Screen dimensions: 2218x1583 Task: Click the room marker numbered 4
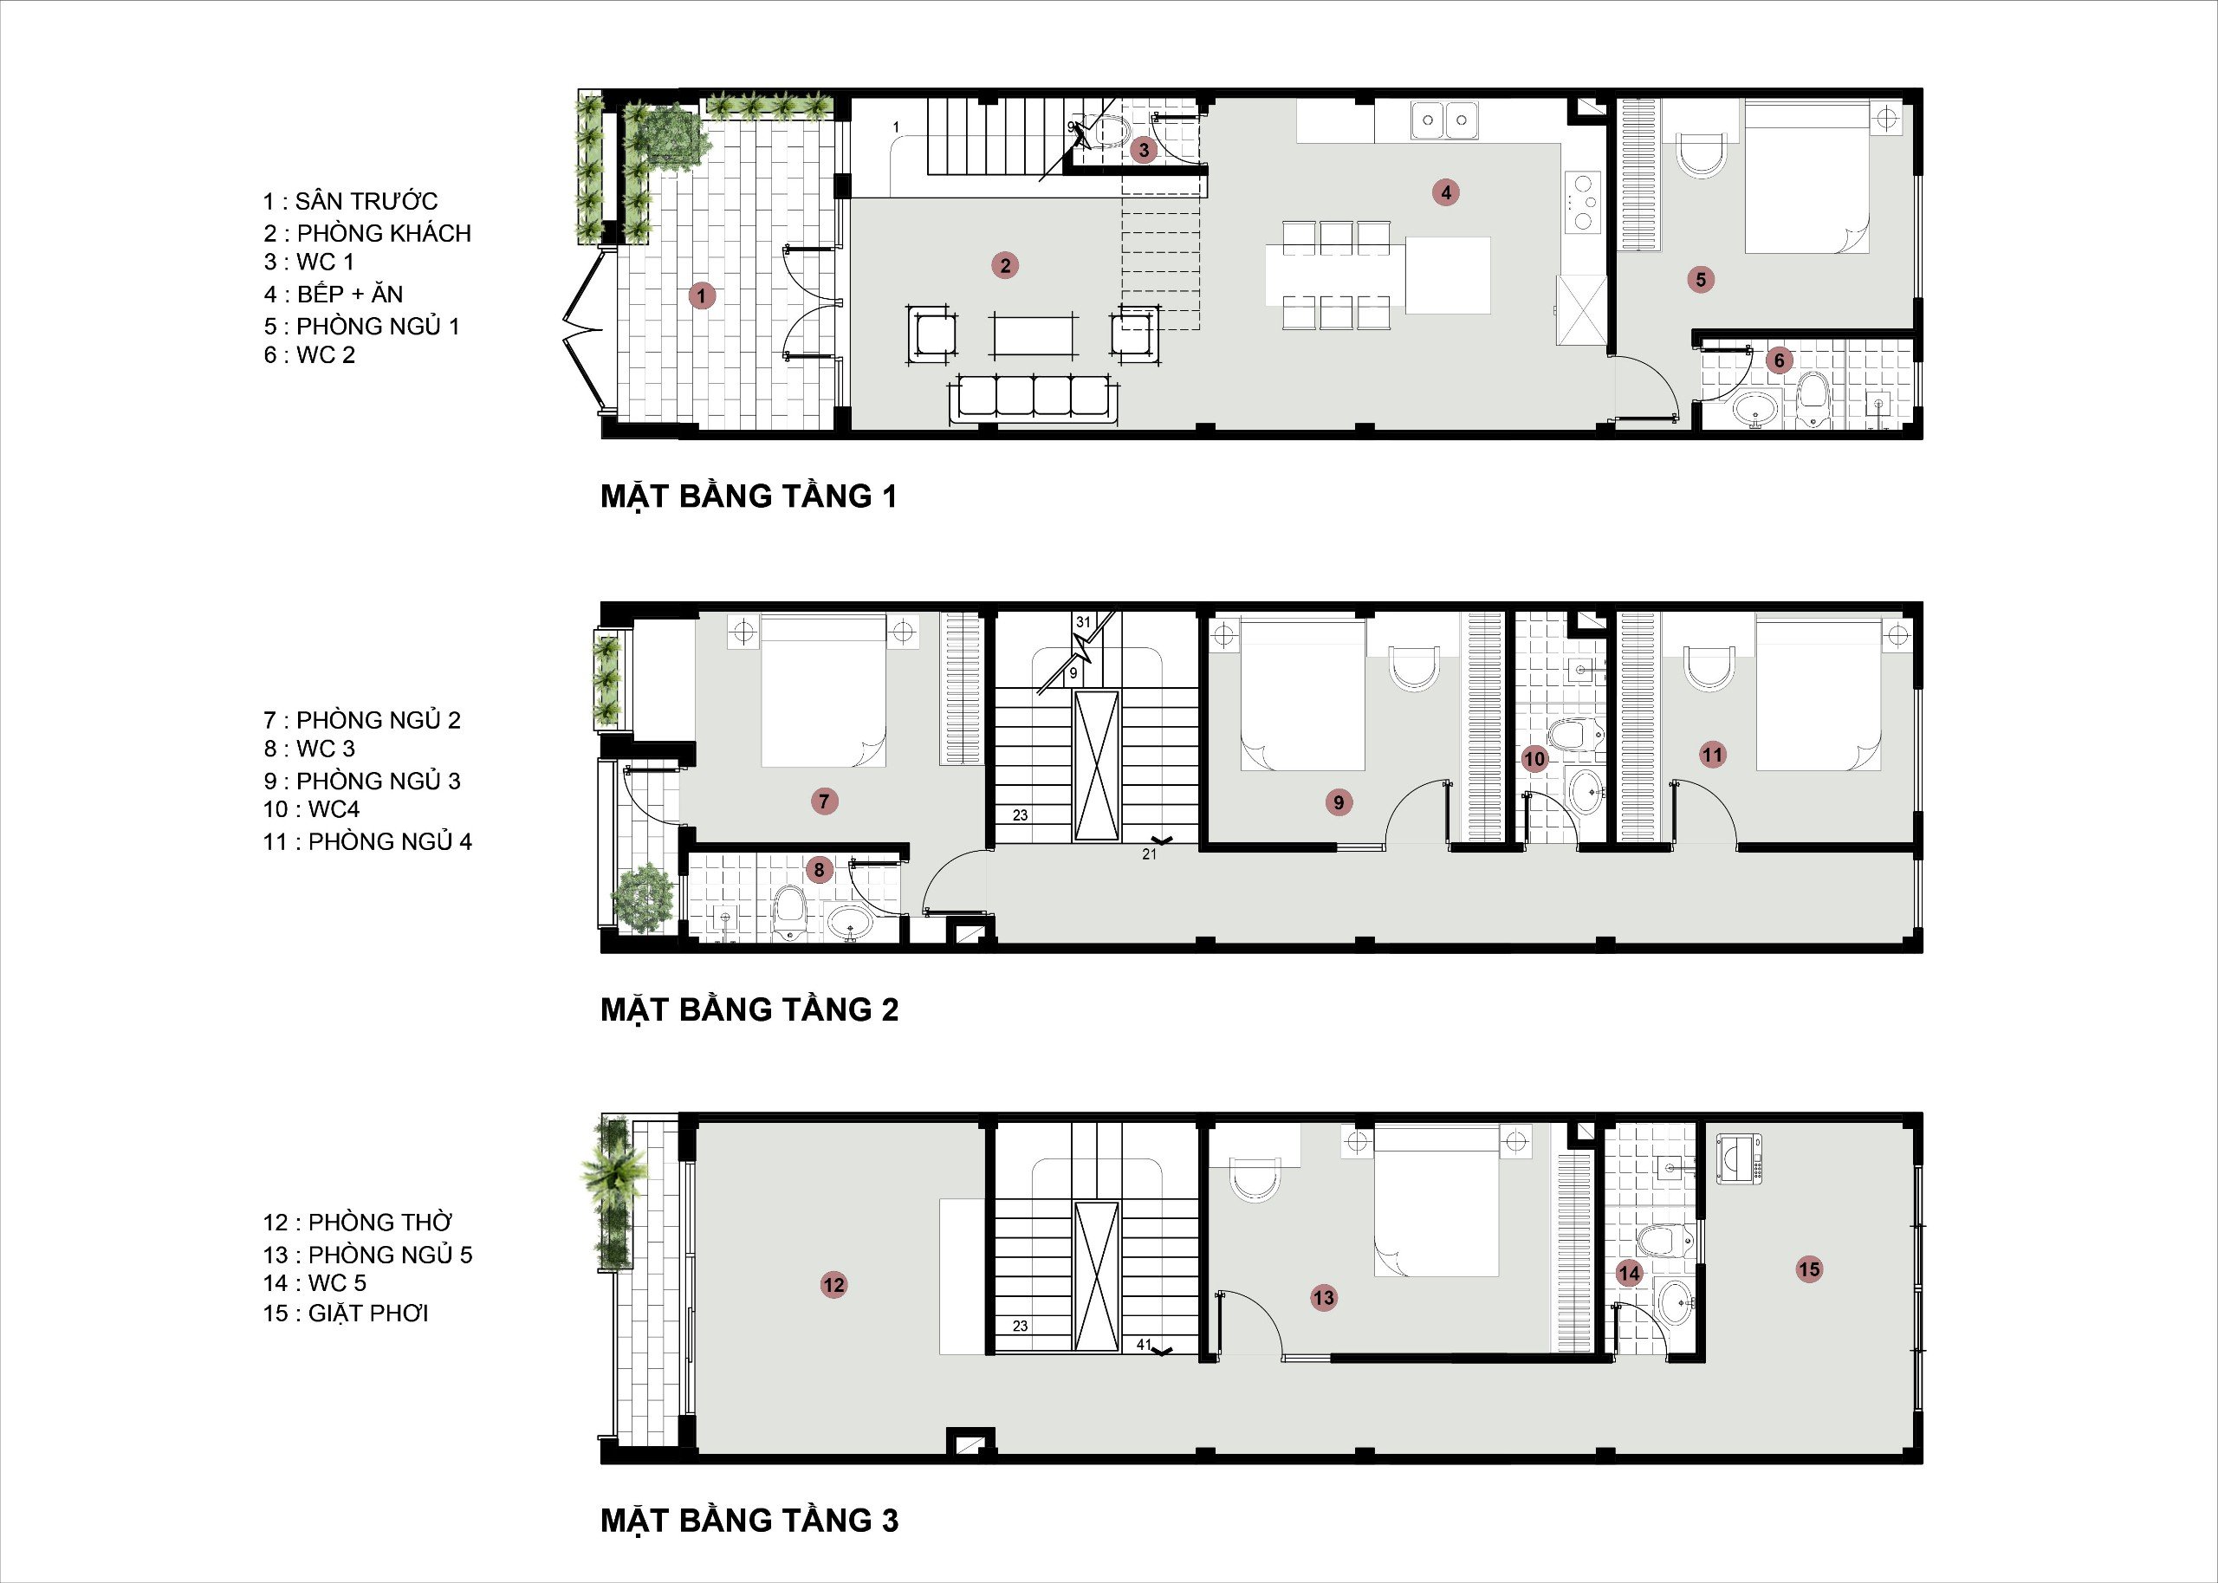coord(1446,192)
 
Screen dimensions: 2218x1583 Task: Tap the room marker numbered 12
coord(833,1285)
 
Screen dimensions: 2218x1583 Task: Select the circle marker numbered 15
coord(1810,1269)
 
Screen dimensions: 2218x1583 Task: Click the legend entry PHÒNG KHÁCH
coord(384,233)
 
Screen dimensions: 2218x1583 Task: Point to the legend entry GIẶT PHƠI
coord(368,1313)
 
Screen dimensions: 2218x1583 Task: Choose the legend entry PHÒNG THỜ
coord(380,1223)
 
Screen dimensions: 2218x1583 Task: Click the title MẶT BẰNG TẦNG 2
coord(749,1010)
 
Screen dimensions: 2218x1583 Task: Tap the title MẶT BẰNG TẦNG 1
coord(749,496)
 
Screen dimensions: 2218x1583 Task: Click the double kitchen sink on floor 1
coord(1445,120)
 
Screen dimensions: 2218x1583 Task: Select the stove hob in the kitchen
coord(1584,202)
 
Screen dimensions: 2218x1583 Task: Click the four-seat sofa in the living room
coord(1034,398)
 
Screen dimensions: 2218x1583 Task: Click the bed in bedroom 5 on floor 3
coord(1437,1201)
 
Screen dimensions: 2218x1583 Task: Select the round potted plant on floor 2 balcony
coord(643,897)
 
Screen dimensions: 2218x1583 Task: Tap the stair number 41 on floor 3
coord(1144,1344)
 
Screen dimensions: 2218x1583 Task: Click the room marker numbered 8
coord(820,870)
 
